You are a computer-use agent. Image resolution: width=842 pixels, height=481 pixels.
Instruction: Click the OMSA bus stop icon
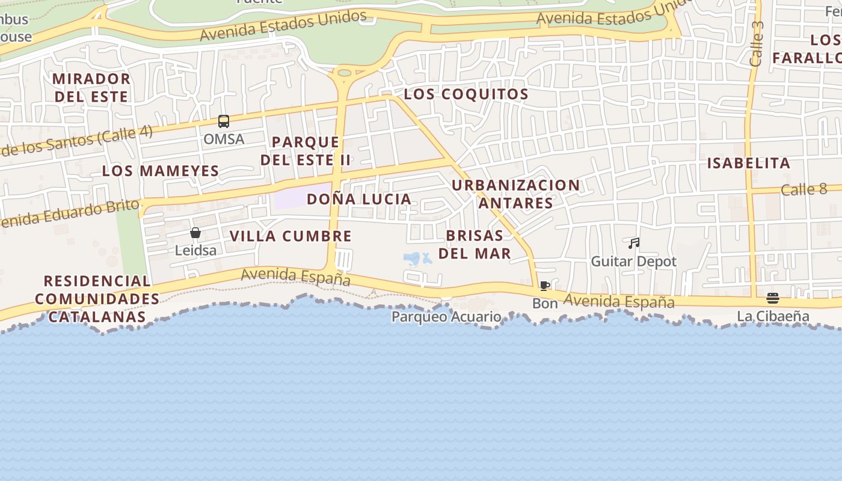tap(224, 121)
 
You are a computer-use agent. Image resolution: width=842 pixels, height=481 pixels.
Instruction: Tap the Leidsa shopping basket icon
tap(195, 233)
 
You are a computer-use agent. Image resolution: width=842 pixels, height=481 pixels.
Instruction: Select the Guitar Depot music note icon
tap(634, 244)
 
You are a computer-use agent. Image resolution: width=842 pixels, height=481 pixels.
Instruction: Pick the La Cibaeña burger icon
tap(773, 298)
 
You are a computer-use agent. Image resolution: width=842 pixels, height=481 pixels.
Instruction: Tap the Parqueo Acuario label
tap(446, 317)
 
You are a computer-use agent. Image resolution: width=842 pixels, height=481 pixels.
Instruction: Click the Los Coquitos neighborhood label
tap(466, 94)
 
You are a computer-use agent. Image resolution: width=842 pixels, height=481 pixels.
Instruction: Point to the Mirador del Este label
tap(91, 88)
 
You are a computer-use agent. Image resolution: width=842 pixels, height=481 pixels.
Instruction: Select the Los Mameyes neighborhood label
tap(161, 171)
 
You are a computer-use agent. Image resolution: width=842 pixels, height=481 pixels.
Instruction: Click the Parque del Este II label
tap(306, 152)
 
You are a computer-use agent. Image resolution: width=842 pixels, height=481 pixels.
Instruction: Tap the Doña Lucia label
tap(359, 200)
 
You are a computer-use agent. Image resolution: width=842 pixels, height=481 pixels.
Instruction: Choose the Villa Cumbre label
tap(290, 236)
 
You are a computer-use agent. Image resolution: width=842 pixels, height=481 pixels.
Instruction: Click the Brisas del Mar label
tap(475, 245)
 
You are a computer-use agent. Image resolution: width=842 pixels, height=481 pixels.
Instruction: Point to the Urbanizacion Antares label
tap(515, 194)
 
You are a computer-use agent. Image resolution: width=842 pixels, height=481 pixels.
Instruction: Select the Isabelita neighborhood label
tap(748, 164)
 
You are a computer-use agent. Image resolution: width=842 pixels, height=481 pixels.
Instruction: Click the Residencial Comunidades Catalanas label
tap(97, 299)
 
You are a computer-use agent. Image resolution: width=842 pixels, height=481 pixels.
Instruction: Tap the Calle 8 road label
tap(804, 190)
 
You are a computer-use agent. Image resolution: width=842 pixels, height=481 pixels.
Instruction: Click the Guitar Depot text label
tap(634, 262)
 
